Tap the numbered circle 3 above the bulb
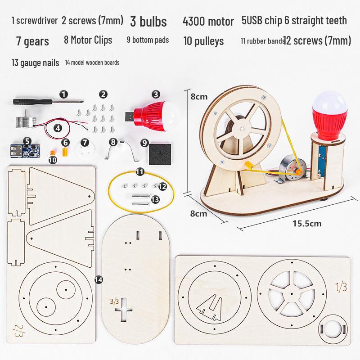tap(156, 94)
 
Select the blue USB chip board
tap(25, 150)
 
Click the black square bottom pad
tap(160, 154)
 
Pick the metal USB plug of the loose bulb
tap(130, 116)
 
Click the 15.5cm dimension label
tap(307, 223)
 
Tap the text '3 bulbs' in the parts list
tap(148, 21)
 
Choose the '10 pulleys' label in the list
tap(203, 41)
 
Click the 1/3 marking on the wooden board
tap(341, 287)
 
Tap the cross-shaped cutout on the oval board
tap(124, 310)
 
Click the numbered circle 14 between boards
tap(99, 279)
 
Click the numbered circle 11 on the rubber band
tap(140, 171)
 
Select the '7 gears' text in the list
tap(32, 41)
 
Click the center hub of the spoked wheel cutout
tap(292, 294)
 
